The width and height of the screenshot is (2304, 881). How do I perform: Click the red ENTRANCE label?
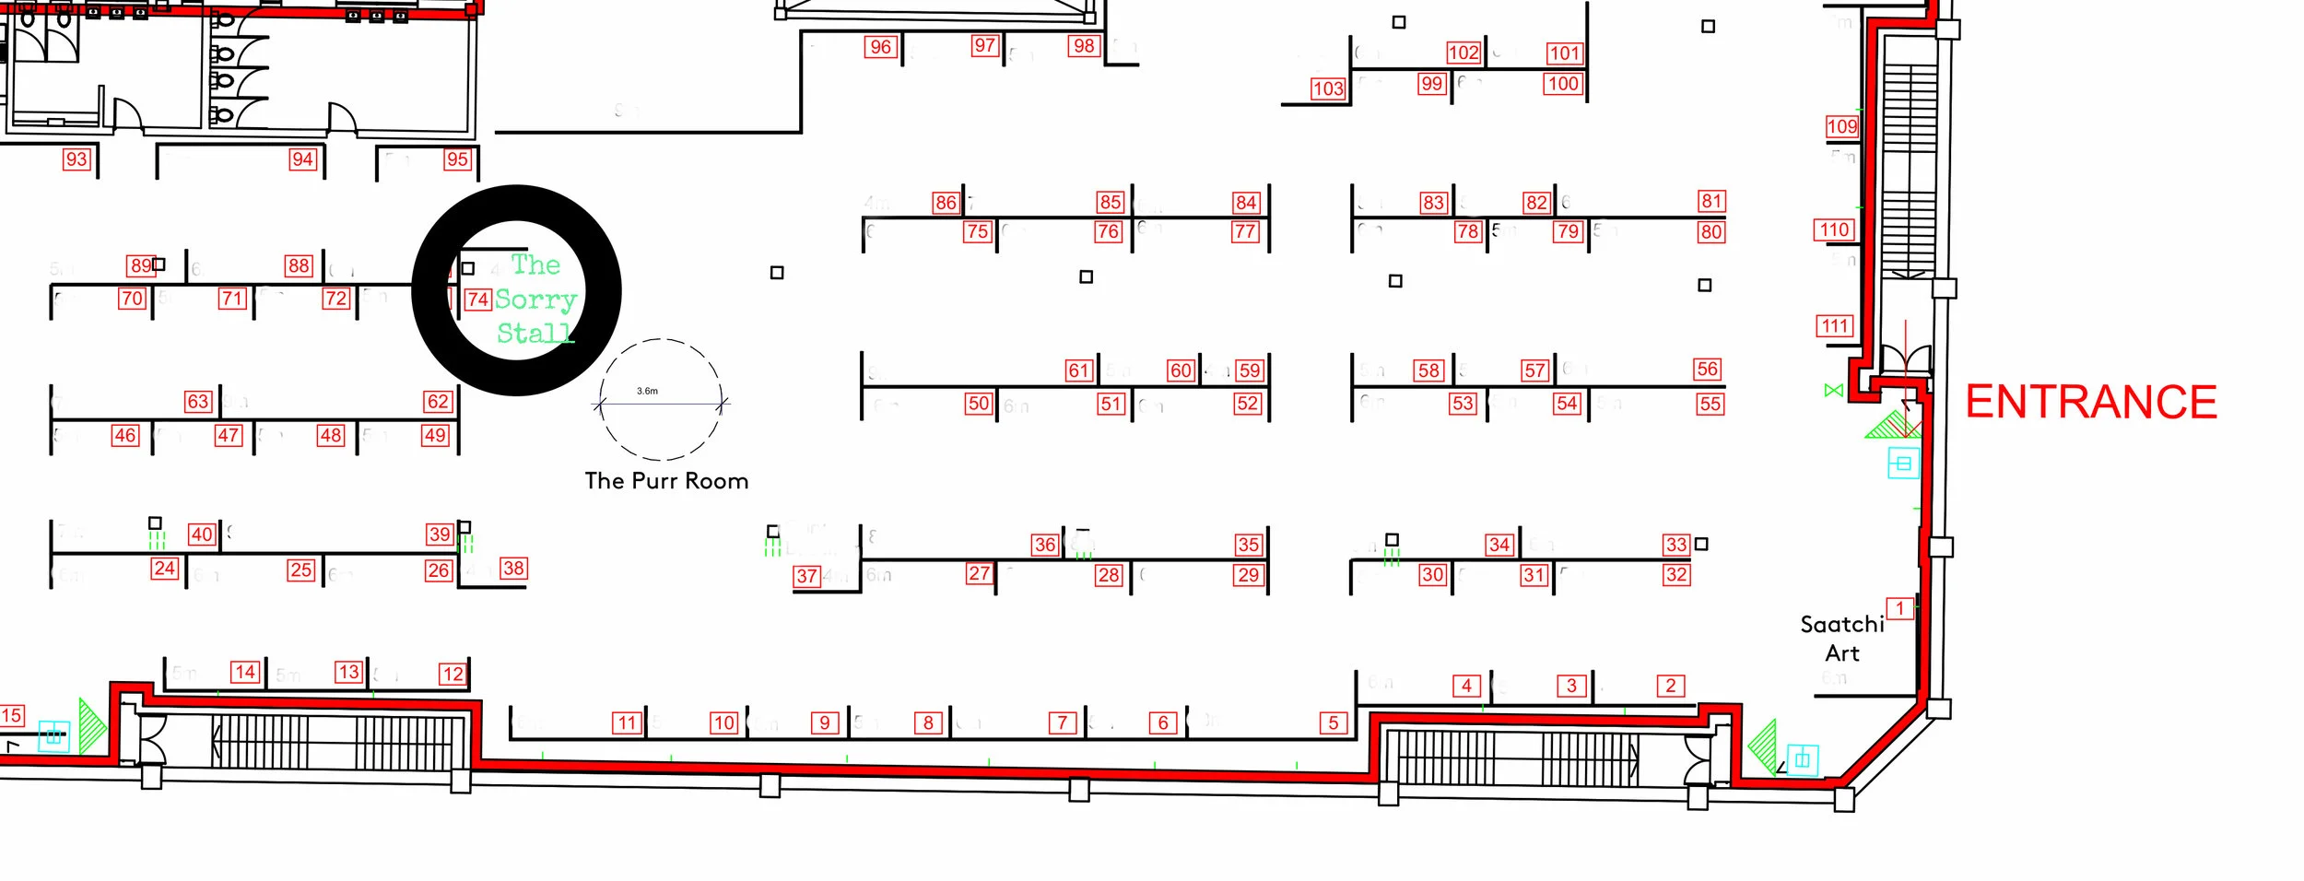click(x=2090, y=403)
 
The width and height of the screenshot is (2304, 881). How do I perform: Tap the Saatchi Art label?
click(x=1841, y=639)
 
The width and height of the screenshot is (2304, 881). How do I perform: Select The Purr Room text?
click(x=666, y=481)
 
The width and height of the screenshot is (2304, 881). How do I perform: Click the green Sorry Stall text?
click(x=535, y=300)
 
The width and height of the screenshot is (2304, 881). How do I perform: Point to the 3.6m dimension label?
click(x=647, y=391)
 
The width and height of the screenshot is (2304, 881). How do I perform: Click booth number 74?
click(x=477, y=300)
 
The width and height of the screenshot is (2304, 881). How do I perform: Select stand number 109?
click(x=1841, y=127)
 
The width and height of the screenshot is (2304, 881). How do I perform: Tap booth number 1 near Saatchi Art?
click(x=1899, y=608)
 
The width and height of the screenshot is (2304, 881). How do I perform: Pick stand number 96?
click(x=880, y=47)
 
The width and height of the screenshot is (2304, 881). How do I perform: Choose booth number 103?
click(x=1328, y=88)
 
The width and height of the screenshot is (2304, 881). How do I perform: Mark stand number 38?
click(x=513, y=569)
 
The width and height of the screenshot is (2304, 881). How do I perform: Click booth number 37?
click(x=806, y=577)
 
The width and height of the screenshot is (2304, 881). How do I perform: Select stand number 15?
click(x=11, y=715)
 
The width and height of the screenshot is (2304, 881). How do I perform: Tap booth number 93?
click(x=76, y=159)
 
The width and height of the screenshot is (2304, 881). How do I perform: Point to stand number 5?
click(x=1333, y=723)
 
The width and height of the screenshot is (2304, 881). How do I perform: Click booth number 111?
click(x=1834, y=326)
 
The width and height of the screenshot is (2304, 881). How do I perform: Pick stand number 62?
click(x=438, y=402)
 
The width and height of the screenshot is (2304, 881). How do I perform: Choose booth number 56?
click(x=1707, y=370)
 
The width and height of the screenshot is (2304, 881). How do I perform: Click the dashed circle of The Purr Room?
click(x=660, y=340)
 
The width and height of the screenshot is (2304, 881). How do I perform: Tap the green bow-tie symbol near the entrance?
click(x=1833, y=391)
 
